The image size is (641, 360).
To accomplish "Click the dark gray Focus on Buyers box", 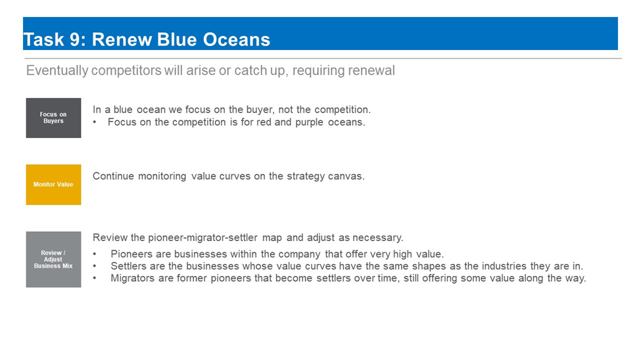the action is click(53, 118).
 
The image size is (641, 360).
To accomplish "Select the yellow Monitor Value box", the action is click(53, 185).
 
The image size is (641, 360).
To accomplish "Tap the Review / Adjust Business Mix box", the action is click(53, 259).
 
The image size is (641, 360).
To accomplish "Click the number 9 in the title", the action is click(75, 39).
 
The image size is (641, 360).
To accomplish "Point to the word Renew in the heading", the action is click(122, 39).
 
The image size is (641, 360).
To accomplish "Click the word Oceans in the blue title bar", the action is click(237, 39).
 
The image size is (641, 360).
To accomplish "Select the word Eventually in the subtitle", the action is click(57, 71).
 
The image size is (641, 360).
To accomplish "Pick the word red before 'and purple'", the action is click(264, 122).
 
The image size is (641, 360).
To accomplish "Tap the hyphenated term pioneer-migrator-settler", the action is click(202, 238).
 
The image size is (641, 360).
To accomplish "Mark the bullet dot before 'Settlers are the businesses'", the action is click(95, 267).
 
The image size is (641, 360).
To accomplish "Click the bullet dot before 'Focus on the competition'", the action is click(95, 123).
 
